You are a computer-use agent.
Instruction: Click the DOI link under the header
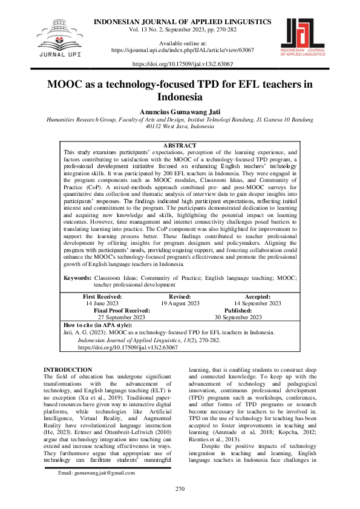[182, 63]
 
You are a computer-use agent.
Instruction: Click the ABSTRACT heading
[180, 146]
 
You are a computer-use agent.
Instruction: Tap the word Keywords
[77, 277]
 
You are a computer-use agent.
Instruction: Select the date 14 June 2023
[102, 303]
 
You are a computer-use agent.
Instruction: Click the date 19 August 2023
[180, 303]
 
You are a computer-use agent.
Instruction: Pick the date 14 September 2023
[258, 303]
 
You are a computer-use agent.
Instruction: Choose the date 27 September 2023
[122, 317]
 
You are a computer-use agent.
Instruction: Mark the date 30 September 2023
[238, 317]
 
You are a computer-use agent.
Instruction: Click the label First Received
[102, 297]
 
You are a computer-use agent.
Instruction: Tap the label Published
[238, 310]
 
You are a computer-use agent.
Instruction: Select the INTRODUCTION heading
[68, 369]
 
